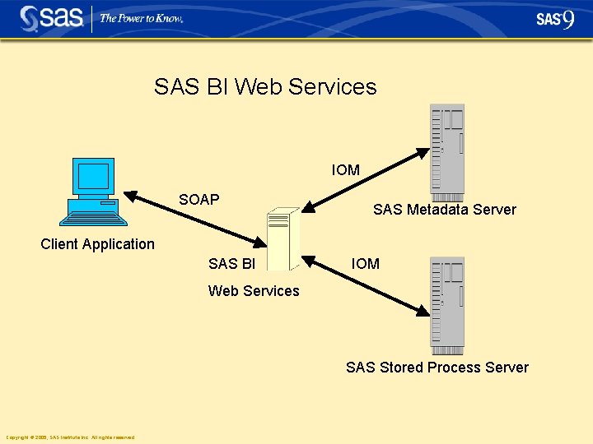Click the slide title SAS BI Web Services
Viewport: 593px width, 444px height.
(x=265, y=87)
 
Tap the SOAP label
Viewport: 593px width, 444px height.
(x=199, y=200)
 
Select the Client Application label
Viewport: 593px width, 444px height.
(x=97, y=244)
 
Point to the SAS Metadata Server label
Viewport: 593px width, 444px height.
(x=444, y=210)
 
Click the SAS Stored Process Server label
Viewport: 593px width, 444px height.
(x=437, y=368)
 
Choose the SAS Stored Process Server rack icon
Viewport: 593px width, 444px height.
(x=447, y=305)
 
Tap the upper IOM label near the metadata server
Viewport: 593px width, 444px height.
(x=346, y=170)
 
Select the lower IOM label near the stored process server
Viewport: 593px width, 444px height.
(x=366, y=264)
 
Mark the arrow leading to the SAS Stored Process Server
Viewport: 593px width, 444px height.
(x=366, y=284)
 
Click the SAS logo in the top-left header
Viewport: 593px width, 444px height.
(x=50, y=18)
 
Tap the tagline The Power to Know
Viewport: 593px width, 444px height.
(x=141, y=18)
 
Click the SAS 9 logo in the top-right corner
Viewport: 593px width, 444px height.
(x=555, y=19)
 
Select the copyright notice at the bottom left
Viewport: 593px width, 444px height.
(x=70, y=437)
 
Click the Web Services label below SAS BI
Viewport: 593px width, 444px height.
(x=254, y=291)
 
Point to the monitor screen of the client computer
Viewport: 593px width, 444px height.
(x=93, y=177)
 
